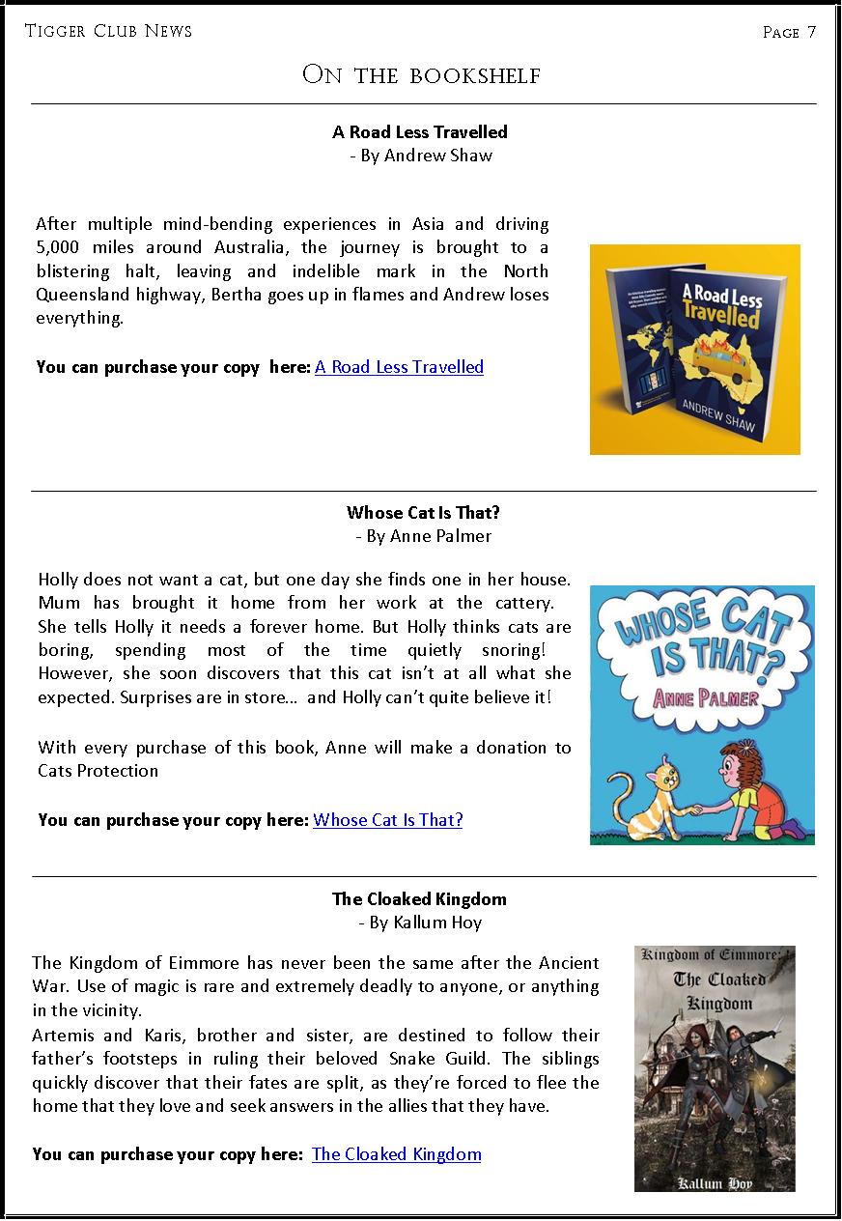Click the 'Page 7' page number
[x=789, y=32]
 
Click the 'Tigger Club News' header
[x=108, y=31]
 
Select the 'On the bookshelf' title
[x=421, y=74]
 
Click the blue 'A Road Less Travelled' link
[x=399, y=367]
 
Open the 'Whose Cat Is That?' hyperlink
[x=388, y=820]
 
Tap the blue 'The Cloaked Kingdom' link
[x=396, y=1154]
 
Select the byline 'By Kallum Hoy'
[x=420, y=923]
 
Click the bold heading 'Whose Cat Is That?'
[x=424, y=513]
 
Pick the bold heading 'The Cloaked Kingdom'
[x=419, y=899]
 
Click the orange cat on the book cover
[x=644, y=794]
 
